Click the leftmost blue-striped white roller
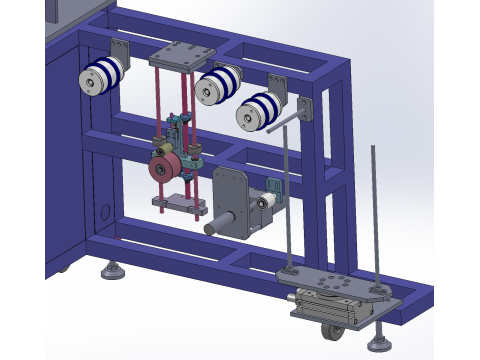point(101,76)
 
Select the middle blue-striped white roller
point(218,84)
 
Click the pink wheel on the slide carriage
point(164,169)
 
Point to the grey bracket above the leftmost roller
point(120,50)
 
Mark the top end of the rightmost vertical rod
point(374,149)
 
